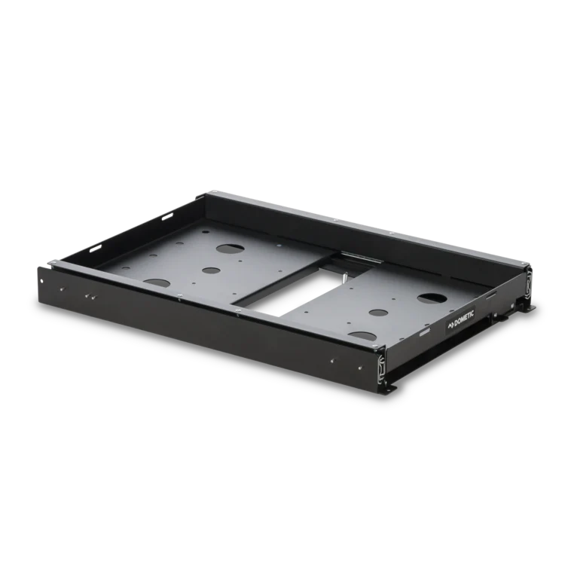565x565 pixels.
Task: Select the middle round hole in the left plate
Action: (211, 270)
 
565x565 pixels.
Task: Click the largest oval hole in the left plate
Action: (230, 249)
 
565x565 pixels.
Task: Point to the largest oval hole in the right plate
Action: (432, 298)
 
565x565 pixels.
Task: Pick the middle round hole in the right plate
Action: (377, 313)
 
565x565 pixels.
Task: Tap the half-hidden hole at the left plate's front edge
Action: (157, 282)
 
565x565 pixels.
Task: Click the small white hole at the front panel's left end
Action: (42, 280)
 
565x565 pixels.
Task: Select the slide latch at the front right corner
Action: (382, 369)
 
